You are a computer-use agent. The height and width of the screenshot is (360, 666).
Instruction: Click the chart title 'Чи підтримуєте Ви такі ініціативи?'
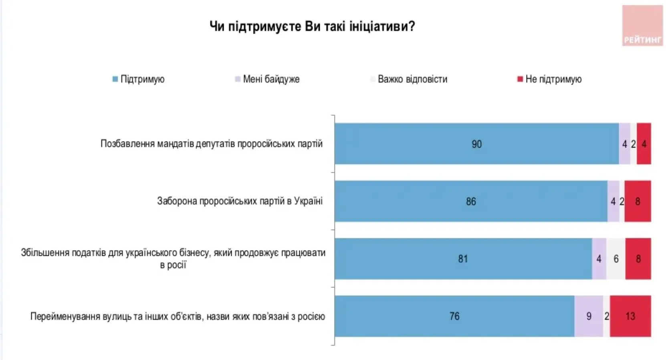tap(312, 26)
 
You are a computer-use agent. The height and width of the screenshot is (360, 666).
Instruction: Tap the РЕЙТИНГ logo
tap(642, 26)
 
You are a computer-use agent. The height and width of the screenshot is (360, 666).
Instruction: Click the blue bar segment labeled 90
tap(476, 144)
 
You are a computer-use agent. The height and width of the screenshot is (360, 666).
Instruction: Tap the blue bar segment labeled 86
tap(471, 201)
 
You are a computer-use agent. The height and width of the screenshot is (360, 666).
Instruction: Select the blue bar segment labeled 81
tap(463, 259)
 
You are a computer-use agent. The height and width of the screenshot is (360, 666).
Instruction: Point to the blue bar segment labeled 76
tap(454, 316)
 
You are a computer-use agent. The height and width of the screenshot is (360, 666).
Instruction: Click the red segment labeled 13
tap(630, 316)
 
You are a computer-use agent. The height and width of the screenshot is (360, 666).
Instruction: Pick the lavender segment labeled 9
tap(589, 316)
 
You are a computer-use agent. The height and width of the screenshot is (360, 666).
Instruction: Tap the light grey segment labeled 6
tap(616, 259)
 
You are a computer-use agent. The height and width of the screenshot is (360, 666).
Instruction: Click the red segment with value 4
tap(644, 144)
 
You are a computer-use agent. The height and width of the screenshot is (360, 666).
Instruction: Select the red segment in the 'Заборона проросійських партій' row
tap(638, 201)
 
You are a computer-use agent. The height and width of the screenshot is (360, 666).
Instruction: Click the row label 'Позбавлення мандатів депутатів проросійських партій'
tap(211, 144)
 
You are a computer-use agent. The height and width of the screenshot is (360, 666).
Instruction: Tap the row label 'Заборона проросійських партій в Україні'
tap(240, 201)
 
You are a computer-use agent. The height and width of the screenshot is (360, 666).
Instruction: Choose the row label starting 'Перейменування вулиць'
tap(178, 316)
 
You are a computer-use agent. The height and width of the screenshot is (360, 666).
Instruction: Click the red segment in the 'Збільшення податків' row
tap(638, 259)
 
